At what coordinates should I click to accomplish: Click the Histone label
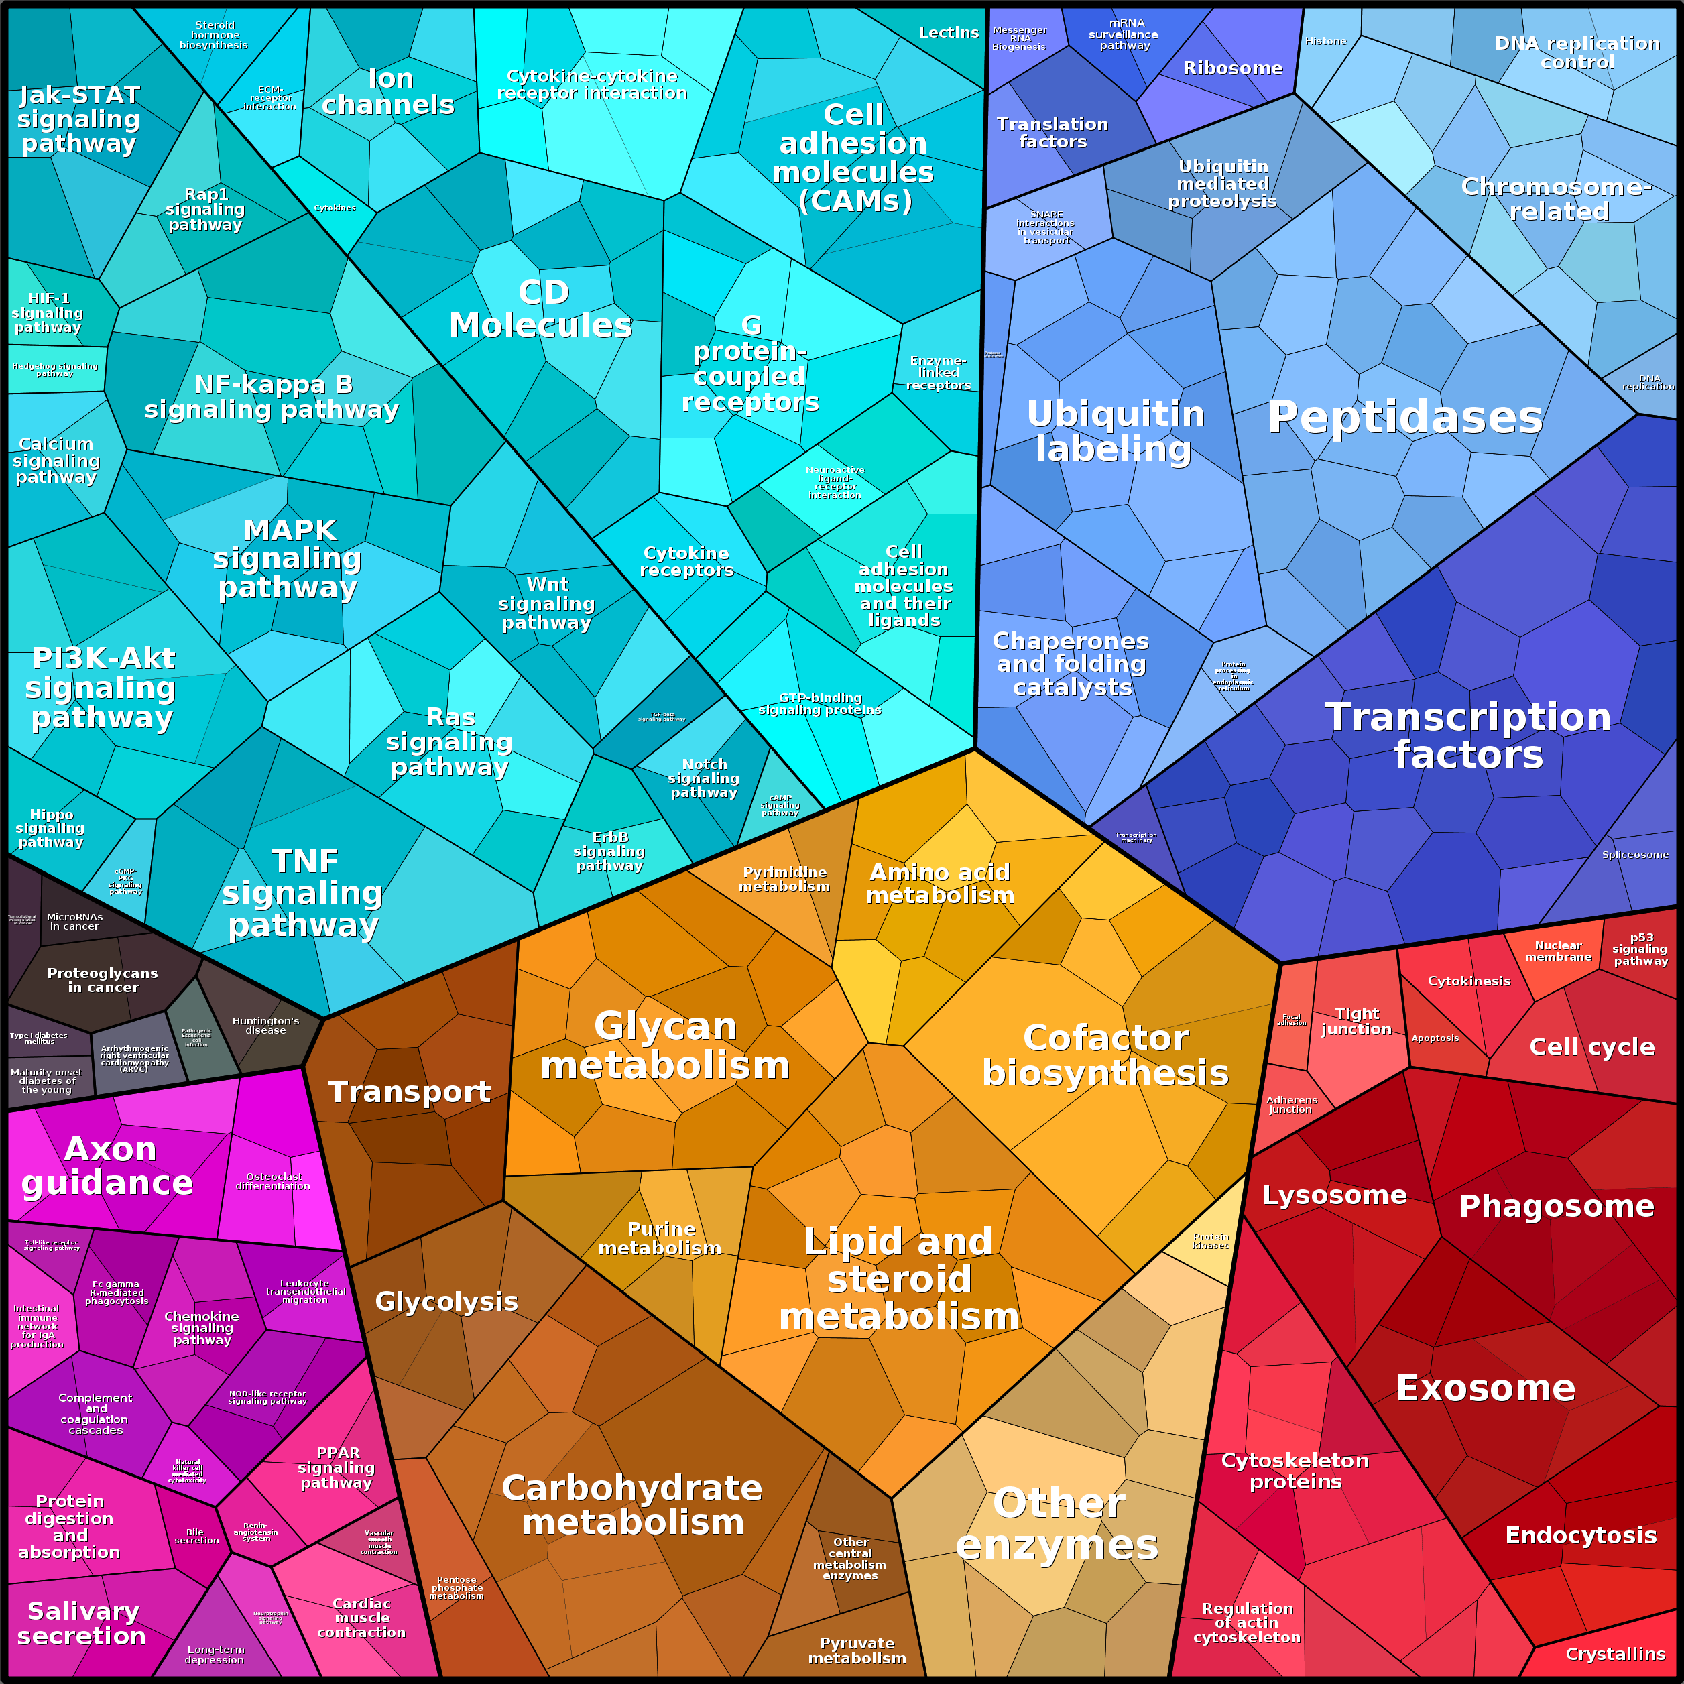1326,41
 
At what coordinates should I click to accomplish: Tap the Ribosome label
1232,68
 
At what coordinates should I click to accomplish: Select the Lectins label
949,32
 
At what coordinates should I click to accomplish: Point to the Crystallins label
1615,1653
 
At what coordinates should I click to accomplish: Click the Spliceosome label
1635,854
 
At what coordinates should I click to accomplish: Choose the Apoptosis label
1435,1038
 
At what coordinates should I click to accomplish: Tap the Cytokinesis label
1469,981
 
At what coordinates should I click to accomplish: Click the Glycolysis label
446,1301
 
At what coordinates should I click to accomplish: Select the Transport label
409,1091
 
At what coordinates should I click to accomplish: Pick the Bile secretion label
196,1536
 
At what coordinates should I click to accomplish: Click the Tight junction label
1356,1021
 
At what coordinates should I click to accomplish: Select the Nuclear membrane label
1557,951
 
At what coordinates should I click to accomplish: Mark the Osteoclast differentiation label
273,1181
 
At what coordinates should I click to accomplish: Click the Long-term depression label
215,1655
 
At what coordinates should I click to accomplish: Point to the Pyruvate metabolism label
857,1650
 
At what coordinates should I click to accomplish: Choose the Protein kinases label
1211,1240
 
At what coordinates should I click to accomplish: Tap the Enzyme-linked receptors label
938,372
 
